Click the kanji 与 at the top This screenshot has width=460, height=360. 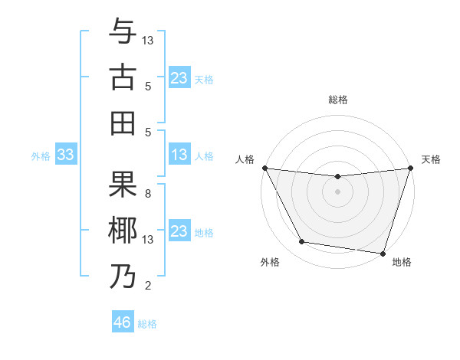tap(123, 31)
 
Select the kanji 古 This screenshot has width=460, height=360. tap(123, 77)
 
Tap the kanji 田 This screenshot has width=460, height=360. tap(123, 122)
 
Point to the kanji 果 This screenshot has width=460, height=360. tap(123, 184)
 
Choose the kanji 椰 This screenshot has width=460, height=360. tap(123, 230)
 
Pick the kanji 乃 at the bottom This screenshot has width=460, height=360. tap(123, 276)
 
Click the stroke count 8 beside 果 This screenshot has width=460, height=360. tap(147, 194)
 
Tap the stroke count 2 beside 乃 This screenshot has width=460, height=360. tap(147, 286)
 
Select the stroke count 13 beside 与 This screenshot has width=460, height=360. tap(148, 40)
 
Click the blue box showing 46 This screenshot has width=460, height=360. tap(123, 322)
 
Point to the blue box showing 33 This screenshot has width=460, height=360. tap(65, 155)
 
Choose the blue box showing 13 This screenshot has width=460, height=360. tap(179, 155)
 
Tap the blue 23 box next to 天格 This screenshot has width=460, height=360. tap(179, 78)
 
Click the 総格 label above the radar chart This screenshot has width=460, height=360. tap(337, 100)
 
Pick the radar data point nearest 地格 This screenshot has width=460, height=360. tap(383, 253)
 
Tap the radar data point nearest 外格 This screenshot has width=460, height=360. tap(302, 242)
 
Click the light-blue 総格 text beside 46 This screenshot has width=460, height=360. tap(147, 324)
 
